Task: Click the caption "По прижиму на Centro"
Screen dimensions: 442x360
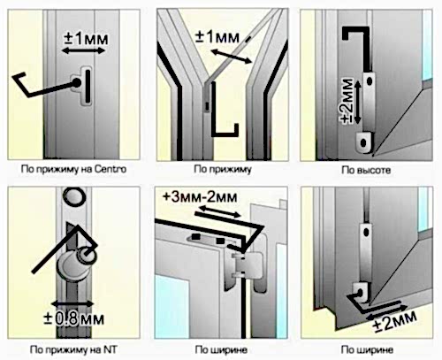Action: [x=73, y=170]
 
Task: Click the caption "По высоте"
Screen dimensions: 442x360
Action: [x=366, y=170]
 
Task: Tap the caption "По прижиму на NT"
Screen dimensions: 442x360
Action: [x=73, y=350]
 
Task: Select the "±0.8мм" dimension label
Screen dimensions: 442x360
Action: [x=73, y=319]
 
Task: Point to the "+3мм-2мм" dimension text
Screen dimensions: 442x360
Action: [x=200, y=197]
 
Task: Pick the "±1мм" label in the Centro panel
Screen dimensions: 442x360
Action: [x=86, y=39]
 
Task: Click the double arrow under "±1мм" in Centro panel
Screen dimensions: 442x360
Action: [x=83, y=50]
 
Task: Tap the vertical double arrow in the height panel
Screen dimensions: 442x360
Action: [x=357, y=103]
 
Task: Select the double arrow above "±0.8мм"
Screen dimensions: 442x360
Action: [x=72, y=304]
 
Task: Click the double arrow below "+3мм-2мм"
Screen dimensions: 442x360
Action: [x=219, y=211]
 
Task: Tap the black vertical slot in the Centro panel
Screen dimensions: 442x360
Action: [x=88, y=87]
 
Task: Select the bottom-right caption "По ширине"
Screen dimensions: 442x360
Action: [x=367, y=350]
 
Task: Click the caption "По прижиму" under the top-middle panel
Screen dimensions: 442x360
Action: [x=223, y=169]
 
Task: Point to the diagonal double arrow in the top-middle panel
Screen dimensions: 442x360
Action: [x=232, y=57]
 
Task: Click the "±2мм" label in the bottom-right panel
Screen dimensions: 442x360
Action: [x=395, y=321]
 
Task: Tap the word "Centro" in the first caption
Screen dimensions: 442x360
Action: [x=110, y=169]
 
